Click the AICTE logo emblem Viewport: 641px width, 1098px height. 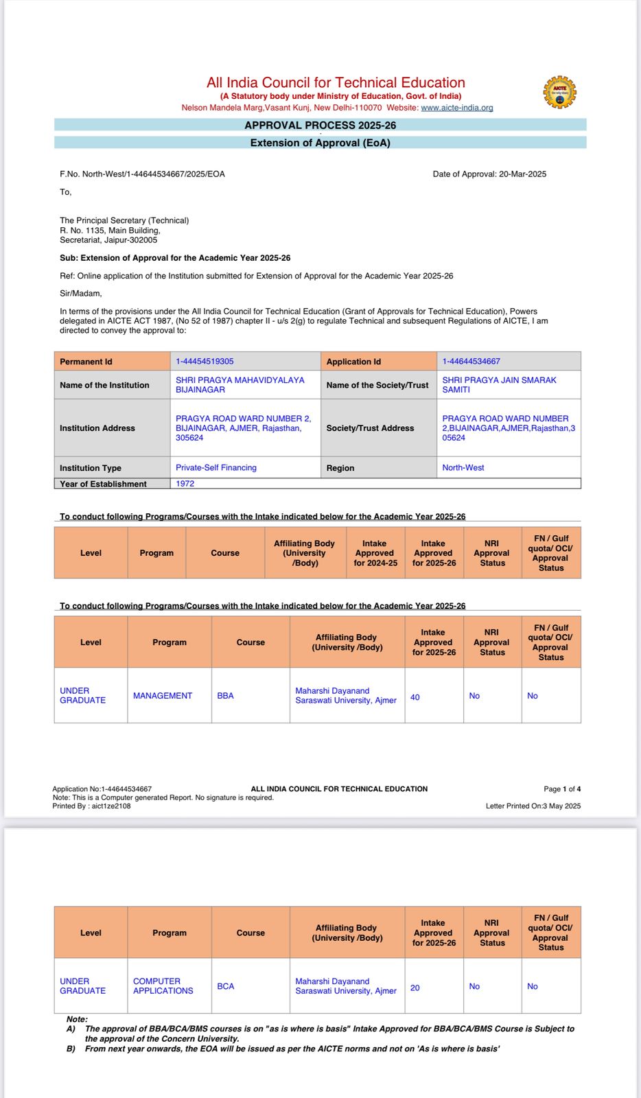point(559,92)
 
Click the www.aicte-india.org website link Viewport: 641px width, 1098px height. point(456,108)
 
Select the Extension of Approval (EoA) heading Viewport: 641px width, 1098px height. point(320,143)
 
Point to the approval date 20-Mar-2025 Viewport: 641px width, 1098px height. point(522,174)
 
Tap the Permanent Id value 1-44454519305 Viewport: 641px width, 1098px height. point(205,362)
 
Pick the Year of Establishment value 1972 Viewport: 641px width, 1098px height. point(185,484)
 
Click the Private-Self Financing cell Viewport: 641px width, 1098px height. point(216,468)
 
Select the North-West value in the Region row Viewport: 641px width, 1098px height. point(463,468)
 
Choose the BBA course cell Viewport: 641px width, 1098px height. point(225,696)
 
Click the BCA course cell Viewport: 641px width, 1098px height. point(225,986)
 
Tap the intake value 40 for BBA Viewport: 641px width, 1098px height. point(415,697)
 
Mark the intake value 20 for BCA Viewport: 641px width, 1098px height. point(415,988)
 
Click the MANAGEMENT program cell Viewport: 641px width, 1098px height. point(163,696)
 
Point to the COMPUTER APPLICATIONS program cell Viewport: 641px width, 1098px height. point(163,986)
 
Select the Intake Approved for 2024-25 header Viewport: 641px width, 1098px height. point(375,553)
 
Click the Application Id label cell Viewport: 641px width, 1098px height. point(353,362)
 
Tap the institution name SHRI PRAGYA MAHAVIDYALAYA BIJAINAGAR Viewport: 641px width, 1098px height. point(240,385)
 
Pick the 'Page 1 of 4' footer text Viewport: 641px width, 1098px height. point(562,789)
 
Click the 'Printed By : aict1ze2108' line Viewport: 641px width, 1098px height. point(91,806)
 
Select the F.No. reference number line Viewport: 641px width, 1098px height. point(142,174)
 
